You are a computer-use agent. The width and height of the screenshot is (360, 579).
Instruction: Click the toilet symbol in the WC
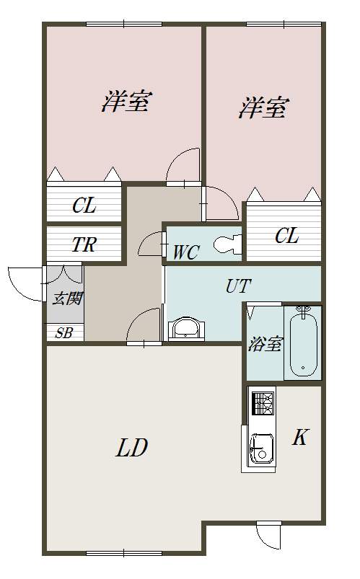coord(227,244)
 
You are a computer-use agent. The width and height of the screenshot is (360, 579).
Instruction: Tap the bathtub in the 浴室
coord(303,342)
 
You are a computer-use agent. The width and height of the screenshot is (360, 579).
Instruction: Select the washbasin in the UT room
coord(185,328)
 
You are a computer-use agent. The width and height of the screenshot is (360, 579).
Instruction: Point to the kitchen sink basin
coord(263,448)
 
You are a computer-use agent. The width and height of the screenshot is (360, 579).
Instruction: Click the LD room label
coord(131,448)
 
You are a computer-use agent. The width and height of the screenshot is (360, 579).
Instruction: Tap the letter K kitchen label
coord(299,438)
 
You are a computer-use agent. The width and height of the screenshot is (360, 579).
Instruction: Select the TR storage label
coord(84,244)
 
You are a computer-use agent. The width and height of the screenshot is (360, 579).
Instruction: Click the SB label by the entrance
coord(63,333)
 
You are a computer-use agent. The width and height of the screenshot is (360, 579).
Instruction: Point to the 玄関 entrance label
coord(67,299)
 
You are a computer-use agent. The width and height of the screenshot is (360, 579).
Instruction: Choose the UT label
coord(239,286)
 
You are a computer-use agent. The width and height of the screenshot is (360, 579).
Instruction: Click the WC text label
coord(187,252)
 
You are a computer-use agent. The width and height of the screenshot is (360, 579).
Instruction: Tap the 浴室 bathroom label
coord(265,344)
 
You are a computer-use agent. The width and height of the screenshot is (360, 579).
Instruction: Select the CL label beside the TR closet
coord(84,205)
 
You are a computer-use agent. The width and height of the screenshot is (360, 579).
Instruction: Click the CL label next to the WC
coord(286,236)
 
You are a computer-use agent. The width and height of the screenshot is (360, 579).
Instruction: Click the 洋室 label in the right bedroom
coord(263,107)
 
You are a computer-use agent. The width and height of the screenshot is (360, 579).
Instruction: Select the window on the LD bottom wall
coord(124,553)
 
